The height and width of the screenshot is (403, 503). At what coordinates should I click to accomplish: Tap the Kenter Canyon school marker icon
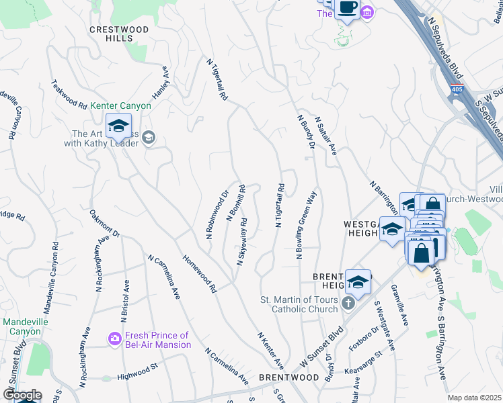(x=118, y=126)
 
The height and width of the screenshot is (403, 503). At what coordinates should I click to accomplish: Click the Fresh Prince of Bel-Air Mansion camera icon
(x=114, y=340)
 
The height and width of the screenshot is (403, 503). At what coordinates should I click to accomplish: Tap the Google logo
(x=22, y=395)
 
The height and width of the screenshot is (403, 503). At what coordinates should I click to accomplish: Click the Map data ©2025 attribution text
(x=474, y=398)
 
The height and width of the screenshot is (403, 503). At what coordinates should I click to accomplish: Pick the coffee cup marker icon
(x=347, y=8)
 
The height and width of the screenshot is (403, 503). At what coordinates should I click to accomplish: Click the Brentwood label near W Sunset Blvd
(x=288, y=377)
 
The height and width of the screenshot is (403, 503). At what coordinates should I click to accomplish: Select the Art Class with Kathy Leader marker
(x=149, y=138)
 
